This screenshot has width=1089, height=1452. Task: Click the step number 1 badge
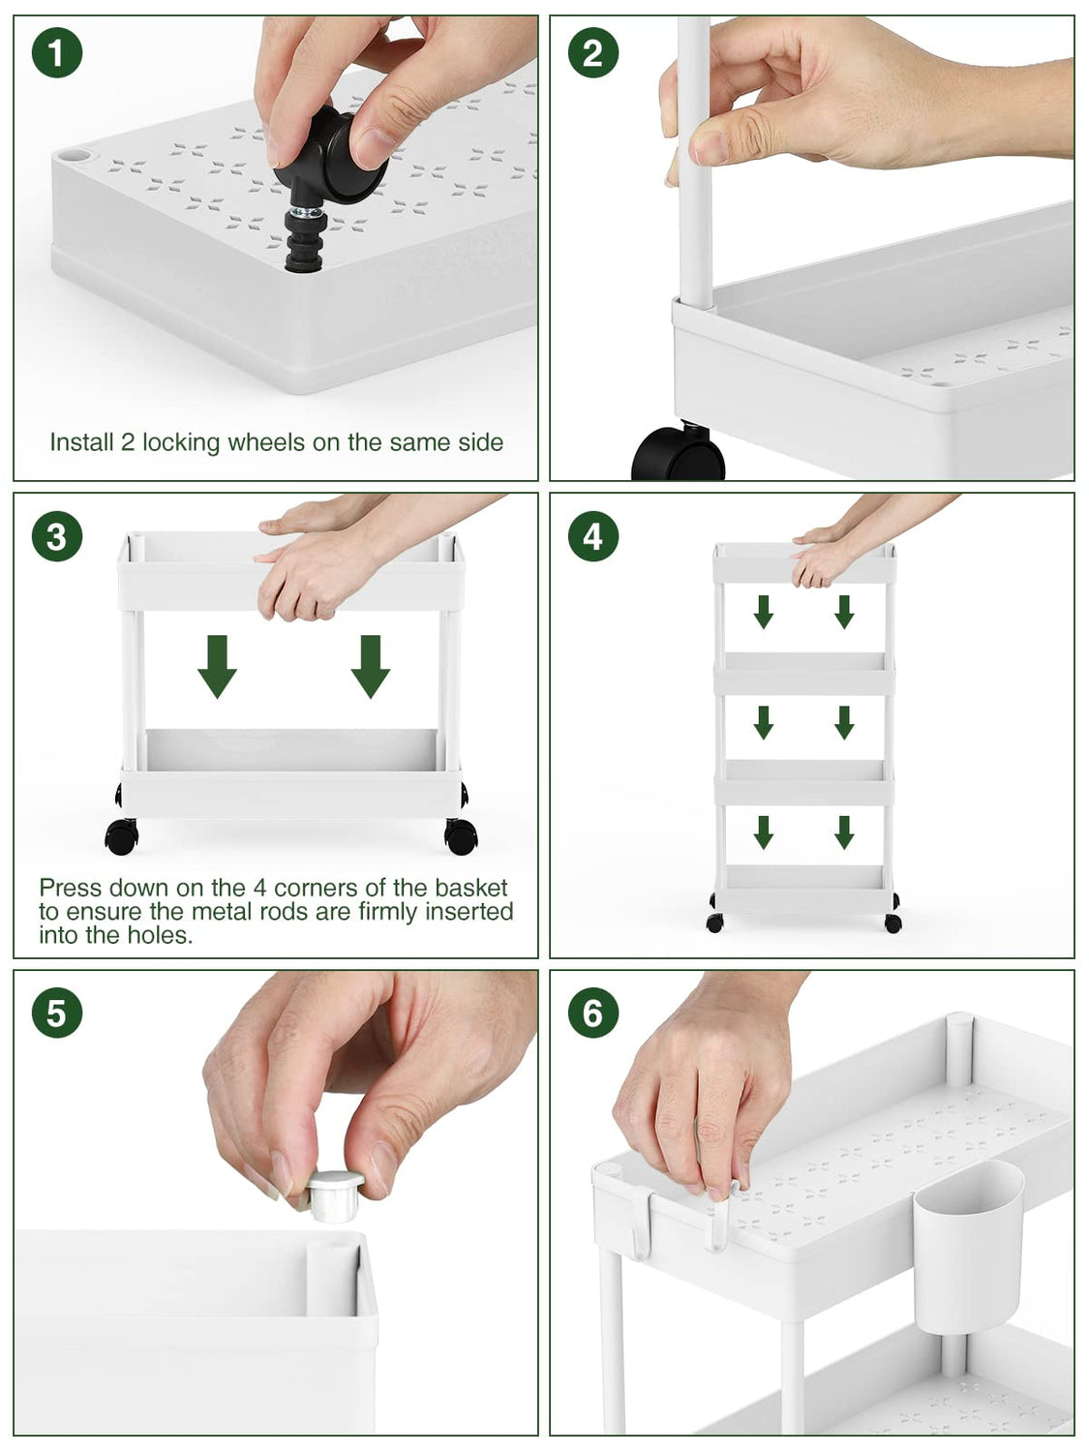[57, 53]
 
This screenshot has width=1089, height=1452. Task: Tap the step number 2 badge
[593, 53]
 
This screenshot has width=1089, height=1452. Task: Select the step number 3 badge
[57, 536]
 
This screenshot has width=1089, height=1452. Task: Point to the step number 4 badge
[593, 536]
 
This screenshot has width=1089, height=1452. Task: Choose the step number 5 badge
[57, 1013]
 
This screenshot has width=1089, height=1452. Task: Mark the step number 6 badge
[593, 1013]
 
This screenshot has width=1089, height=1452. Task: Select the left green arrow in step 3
[217, 666]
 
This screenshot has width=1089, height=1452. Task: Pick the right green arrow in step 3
[371, 666]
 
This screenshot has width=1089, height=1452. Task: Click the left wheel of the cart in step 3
[122, 836]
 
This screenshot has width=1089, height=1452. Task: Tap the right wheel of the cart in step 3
[461, 836]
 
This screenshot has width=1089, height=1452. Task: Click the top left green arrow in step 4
[764, 612]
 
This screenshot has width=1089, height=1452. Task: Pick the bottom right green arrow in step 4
[844, 832]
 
